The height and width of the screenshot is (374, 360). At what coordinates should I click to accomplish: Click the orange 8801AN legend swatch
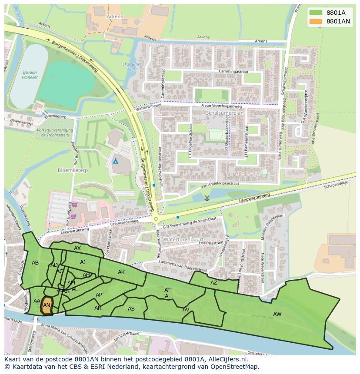click(x=316, y=21)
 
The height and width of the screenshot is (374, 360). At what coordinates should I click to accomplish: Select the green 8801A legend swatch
click(x=316, y=13)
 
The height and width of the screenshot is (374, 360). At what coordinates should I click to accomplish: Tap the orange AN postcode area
click(x=47, y=305)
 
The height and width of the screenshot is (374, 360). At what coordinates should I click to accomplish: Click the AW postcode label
click(x=277, y=314)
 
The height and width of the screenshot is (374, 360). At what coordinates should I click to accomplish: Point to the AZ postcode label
click(x=213, y=283)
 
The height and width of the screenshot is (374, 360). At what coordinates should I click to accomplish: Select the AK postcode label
click(x=121, y=272)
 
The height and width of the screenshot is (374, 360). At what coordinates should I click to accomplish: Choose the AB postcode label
click(x=35, y=263)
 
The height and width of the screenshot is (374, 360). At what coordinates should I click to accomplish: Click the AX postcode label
click(x=77, y=248)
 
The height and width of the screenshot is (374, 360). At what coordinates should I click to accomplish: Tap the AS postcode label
click(x=131, y=309)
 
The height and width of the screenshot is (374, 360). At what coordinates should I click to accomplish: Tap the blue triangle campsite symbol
click(x=115, y=161)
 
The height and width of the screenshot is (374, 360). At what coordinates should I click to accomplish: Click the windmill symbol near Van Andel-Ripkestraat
click(x=207, y=198)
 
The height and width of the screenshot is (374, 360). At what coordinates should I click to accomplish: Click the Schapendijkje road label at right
click(x=335, y=185)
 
